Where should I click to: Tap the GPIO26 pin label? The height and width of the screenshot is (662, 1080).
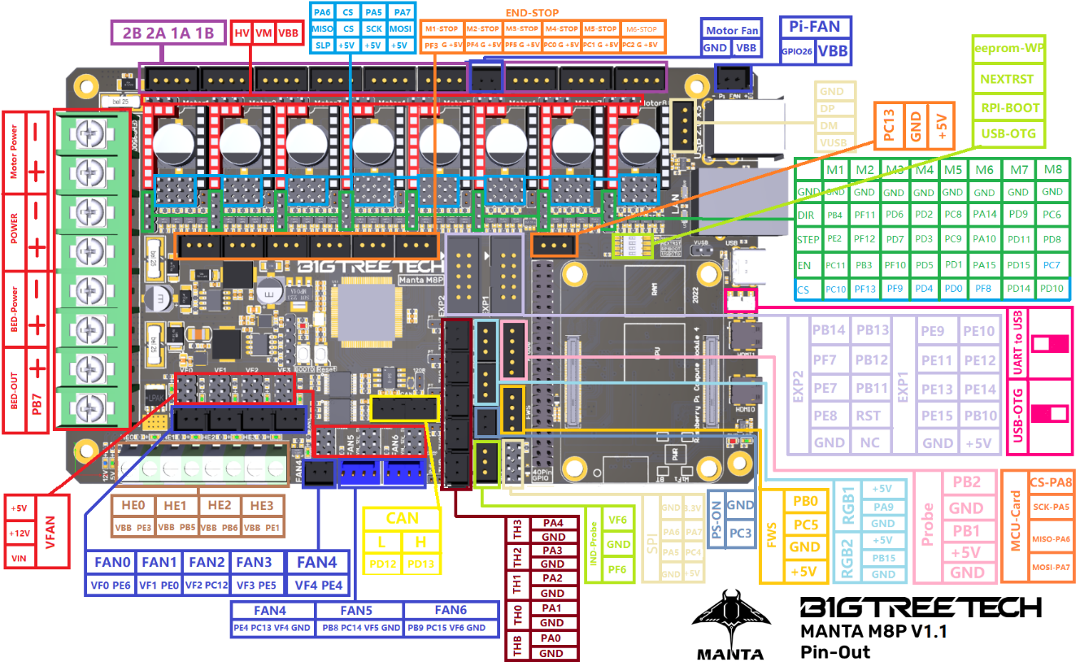click(x=798, y=50)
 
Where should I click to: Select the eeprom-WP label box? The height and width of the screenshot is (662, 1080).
click(x=1009, y=48)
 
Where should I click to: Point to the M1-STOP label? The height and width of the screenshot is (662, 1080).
click(x=442, y=28)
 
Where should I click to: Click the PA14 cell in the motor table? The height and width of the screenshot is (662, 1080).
click(x=984, y=214)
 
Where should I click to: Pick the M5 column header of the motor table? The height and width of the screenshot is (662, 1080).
click(x=953, y=170)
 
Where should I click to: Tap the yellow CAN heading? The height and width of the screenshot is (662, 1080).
click(x=403, y=517)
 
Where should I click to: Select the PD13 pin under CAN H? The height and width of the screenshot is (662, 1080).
click(x=421, y=564)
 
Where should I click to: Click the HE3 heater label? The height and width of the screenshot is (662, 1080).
click(x=263, y=505)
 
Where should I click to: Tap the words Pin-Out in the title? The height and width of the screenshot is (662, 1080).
click(x=835, y=651)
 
